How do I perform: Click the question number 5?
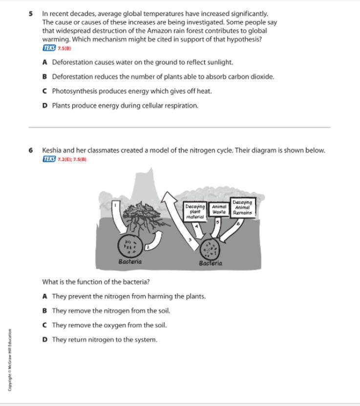pyautogui.click(x=31, y=14)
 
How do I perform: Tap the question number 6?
pyautogui.click(x=31, y=150)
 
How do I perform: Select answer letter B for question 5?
pyautogui.click(x=45, y=77)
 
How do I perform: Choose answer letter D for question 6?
pyautogui.click(x=45, y=340)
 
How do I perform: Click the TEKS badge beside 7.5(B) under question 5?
pyautogui.click(x=49, y=48)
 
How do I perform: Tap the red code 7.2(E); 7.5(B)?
pyautogui.click(x=72, y=159)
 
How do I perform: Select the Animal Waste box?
pyautogui.click(x=218, y=209)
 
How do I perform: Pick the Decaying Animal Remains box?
pyautogui.click(x=242, y=207)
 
